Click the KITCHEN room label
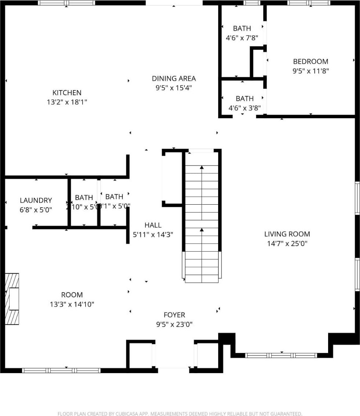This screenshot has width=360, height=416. [67, 93]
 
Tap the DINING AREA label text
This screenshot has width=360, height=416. [174, 78]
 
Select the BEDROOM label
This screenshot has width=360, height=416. [311, 62]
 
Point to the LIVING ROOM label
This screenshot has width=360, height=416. [287, 234]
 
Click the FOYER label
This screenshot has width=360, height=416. [174, 315]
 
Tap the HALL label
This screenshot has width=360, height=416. [153, 225]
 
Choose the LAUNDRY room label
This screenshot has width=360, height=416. [36, 200]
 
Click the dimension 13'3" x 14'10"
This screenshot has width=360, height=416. [72, 304]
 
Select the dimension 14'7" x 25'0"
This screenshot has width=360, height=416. [287, 244]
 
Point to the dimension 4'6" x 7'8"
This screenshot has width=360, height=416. [242, 38]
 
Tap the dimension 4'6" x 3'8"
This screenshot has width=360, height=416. [245, 108]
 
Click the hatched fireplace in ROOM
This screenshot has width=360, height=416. [12, 299]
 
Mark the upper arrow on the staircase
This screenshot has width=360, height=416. [202, 168]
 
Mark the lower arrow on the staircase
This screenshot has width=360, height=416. [202, 230]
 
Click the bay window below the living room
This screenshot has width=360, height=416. [281, 355]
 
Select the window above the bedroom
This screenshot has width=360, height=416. [309, 3]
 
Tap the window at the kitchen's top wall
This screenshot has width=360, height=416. [66, 3]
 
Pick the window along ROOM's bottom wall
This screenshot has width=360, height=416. [61, 370]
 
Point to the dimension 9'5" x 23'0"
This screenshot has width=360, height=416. [174, 324]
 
